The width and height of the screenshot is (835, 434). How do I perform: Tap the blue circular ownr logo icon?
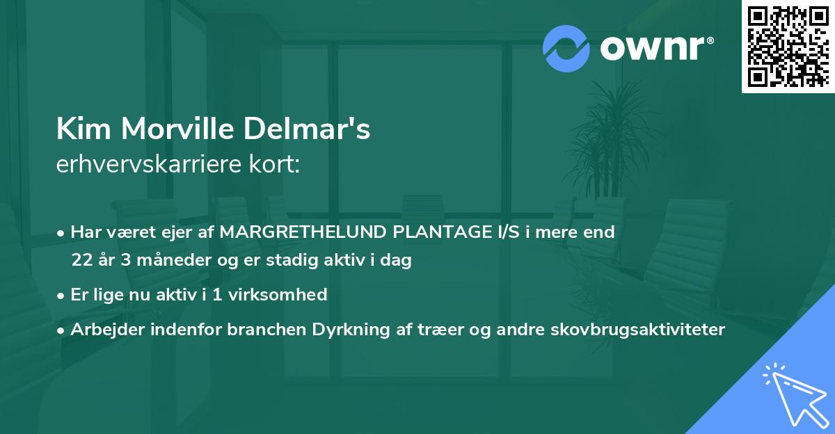566,49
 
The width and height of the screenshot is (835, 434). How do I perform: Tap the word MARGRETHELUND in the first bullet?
294,232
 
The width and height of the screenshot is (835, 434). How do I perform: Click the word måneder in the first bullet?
170,261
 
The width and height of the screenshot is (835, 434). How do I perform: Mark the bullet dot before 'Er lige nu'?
62,295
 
